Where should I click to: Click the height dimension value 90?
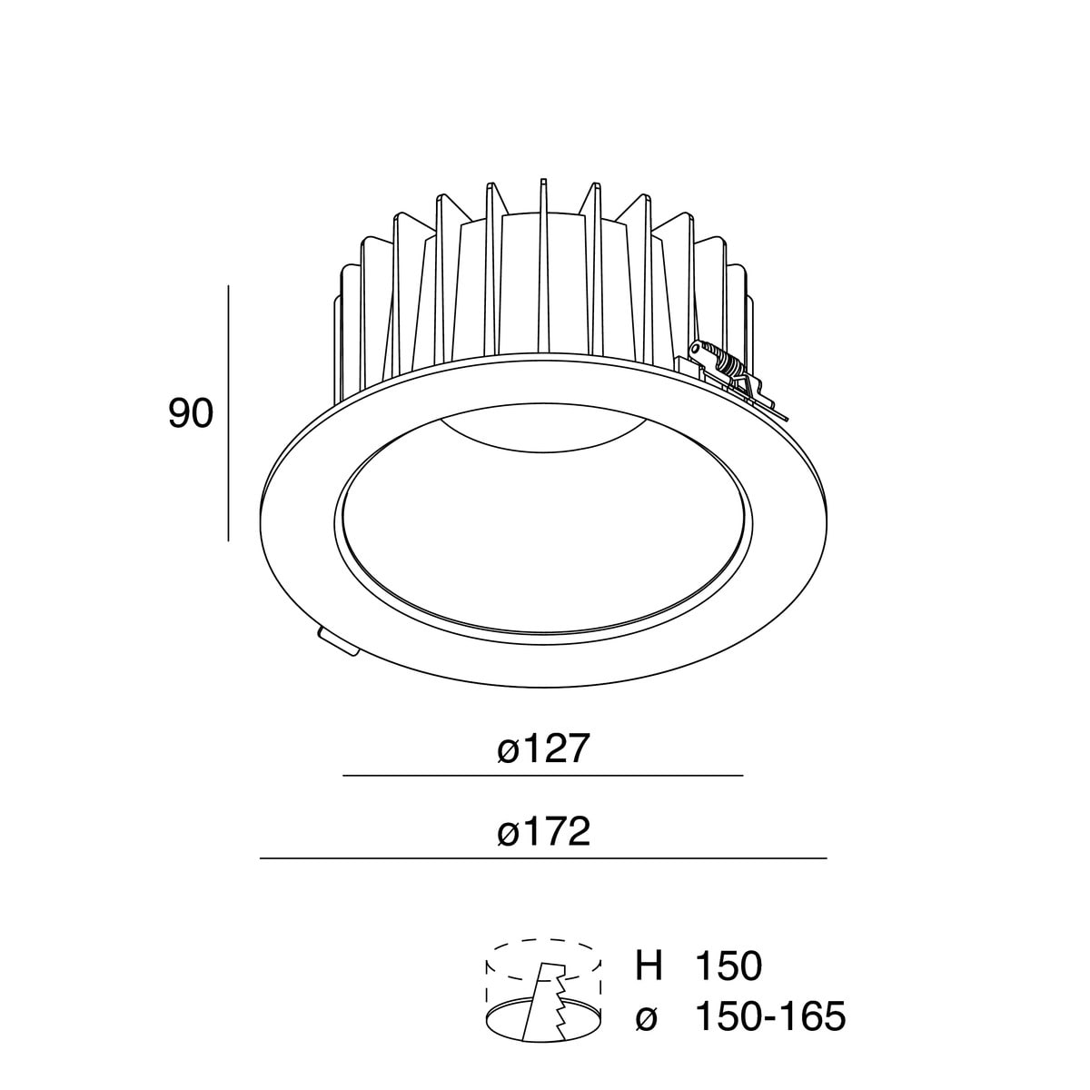tap(191, 414)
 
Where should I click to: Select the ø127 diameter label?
tap(544, 749)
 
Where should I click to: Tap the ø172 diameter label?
tap(544, 831)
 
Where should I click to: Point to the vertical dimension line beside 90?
tap(228, 413)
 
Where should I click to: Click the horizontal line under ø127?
tap(542, 777)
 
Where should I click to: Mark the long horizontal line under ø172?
tap(542, 858)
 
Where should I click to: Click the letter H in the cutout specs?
tap(649, 966)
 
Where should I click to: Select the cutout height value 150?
tap(728, 966)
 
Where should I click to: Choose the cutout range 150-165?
tap(769, 1016)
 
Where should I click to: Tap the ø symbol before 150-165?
tap(647, 1018)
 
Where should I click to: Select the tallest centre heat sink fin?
tap(543, 263)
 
